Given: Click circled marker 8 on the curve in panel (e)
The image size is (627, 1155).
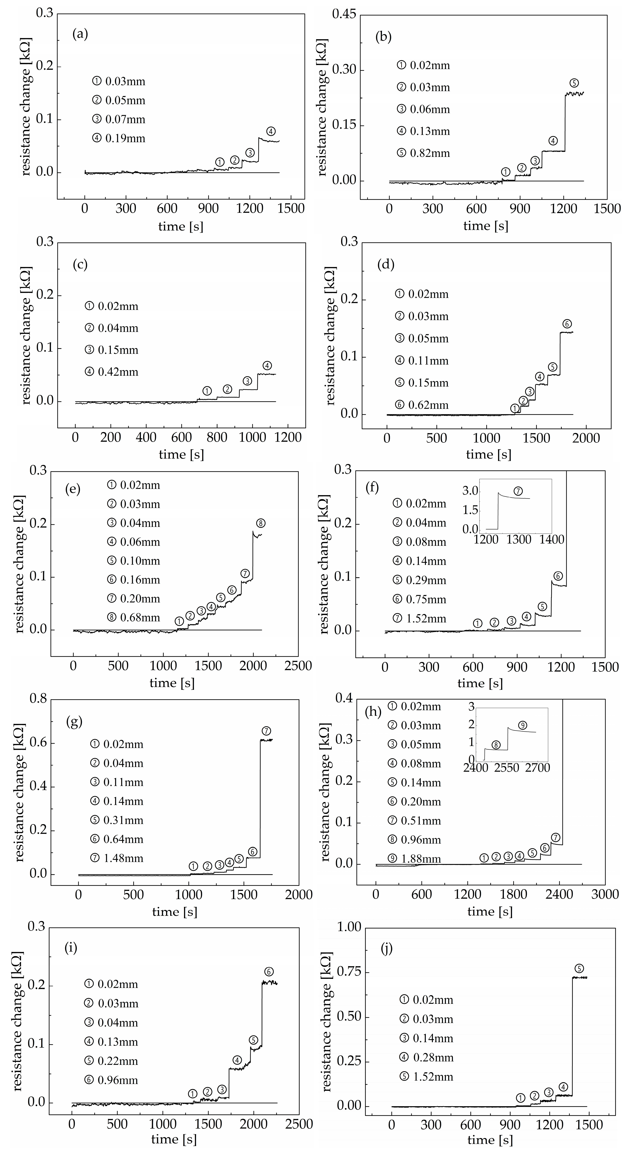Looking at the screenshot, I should click(x=261, y=523).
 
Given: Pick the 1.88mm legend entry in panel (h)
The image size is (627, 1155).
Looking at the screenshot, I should click(x=415, y=859).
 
